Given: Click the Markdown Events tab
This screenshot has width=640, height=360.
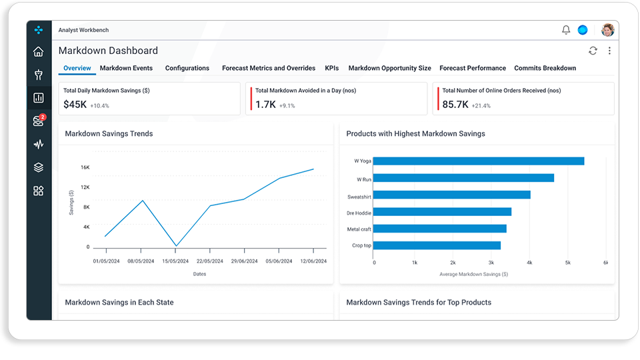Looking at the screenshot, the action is coord(126,68).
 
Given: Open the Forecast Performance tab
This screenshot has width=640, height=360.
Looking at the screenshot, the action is coord(472,68).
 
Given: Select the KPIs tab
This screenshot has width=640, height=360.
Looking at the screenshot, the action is coord(331,68).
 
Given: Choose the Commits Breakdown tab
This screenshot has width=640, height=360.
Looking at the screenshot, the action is coord(545,68).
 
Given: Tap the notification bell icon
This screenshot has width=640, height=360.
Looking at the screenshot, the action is coord(566,30).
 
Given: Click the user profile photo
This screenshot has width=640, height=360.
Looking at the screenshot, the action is coord(608,30).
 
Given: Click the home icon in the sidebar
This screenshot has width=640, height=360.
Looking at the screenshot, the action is coord(39,51).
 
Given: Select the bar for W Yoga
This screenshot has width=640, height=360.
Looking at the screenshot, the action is coord(479,161).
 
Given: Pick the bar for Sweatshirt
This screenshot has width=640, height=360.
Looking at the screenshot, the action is coord(451,195).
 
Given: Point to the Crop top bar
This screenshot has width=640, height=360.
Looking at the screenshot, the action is coord(437,245).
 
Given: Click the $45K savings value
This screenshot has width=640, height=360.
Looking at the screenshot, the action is coord(75,105).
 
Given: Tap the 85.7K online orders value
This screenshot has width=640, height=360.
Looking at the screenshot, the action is coord(455,105).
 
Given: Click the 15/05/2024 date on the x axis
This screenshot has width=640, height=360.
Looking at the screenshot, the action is coord(175,261).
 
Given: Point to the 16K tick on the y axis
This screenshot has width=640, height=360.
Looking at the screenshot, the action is coord(85,167).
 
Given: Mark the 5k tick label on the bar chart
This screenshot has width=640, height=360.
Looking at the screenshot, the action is coord(568,263).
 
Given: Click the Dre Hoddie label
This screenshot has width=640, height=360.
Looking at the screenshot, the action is coord(359,213).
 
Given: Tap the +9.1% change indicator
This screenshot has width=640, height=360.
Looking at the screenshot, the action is coord(287,106).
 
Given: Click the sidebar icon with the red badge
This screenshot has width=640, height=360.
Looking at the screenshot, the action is coord(39,121).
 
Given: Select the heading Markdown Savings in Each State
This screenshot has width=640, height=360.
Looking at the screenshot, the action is coord(119,303).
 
